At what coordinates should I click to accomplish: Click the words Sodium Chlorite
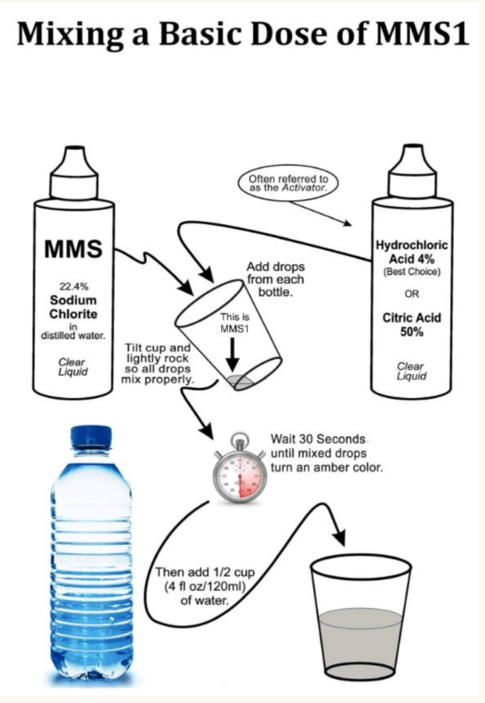point(73,307)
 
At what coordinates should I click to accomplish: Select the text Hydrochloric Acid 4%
point(411,252)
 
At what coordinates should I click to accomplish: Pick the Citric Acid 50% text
point(411,324)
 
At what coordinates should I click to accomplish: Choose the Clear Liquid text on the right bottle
point(411,371)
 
